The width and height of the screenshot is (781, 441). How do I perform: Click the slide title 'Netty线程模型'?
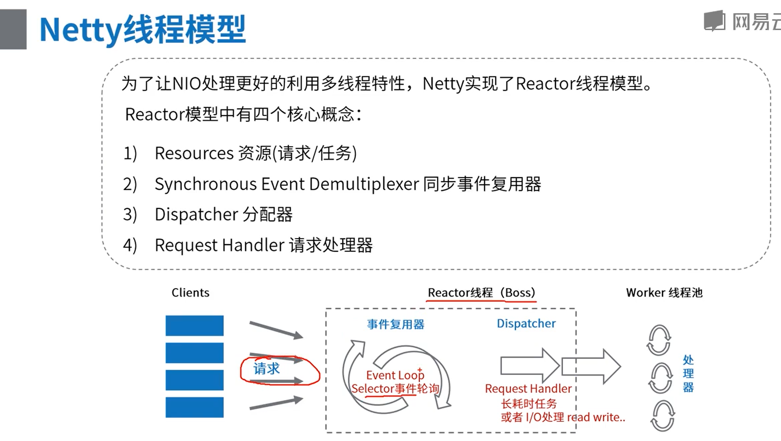tap(143, 29)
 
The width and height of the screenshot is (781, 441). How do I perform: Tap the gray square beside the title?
tap(13, 29)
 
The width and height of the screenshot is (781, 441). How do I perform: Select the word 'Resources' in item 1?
tap(194, 154)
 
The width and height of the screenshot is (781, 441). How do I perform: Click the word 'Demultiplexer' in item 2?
tap(364, 184)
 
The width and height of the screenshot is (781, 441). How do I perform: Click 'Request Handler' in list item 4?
tap(219, 245)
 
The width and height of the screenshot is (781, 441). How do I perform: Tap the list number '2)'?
tap(130, 184)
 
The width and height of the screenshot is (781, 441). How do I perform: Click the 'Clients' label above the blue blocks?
tap(190, 293)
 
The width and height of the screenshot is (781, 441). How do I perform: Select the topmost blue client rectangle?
tap(194, 325)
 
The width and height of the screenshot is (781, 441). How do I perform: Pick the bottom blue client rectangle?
tap(194, 407)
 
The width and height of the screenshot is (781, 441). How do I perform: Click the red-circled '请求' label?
tap(267, 369)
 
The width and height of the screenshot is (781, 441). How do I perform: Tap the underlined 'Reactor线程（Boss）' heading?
tap(481, 293)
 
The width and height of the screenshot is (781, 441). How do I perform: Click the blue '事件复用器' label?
tap(395, 325)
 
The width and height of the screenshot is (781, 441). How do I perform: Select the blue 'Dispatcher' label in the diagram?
tap(526, 324)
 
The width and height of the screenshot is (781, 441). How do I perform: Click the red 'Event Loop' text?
tap(395, 375)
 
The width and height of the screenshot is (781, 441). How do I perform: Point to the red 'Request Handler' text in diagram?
tap(528, 389)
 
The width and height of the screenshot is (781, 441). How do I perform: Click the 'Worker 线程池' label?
tap(664, 293)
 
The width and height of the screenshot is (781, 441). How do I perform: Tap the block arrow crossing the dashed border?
tap(591, 366)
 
